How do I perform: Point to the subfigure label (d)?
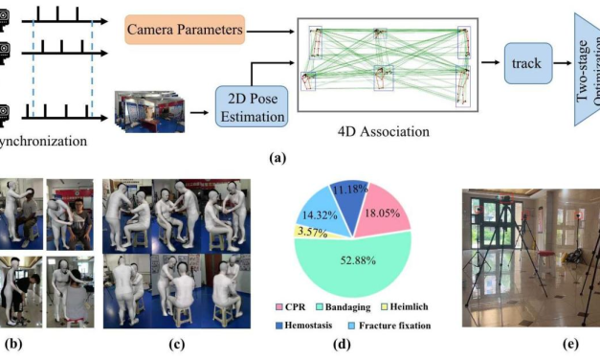tap(356, 349)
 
